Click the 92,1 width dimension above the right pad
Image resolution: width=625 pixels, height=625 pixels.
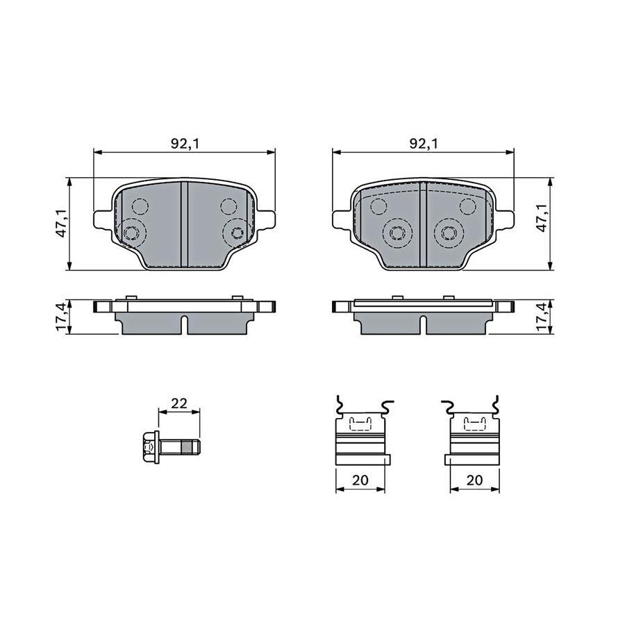click(423, 144)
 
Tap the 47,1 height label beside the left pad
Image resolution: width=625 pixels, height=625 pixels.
click(61, 224)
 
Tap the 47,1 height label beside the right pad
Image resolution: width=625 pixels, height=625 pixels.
click(542, 224)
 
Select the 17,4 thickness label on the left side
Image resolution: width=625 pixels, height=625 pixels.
click(61, 317)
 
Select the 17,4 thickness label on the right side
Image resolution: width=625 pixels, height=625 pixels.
click(542, 317)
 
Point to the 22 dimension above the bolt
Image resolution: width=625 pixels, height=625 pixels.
click(179, 403)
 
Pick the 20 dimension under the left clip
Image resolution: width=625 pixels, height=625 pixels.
click(360, 480)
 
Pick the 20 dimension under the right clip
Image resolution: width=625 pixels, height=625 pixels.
click(474, 480)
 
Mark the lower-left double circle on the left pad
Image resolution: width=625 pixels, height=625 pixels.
click(131, 232)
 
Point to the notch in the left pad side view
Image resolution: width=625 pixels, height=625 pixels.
click(185, 324)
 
